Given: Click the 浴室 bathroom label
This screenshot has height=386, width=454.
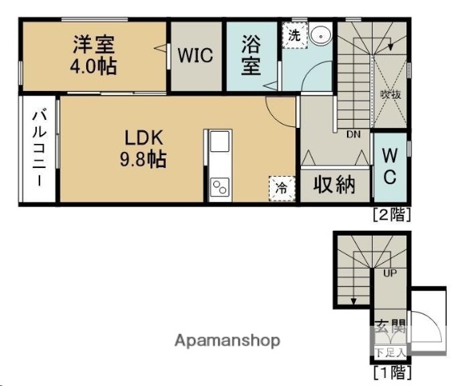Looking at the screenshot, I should click(x=251, y=55).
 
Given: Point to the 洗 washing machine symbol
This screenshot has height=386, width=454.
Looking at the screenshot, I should click(x=294, y=35).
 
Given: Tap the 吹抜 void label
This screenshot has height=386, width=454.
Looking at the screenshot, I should click(x=390, y=94).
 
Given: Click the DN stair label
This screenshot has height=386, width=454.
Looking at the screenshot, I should click(x=353, y=134).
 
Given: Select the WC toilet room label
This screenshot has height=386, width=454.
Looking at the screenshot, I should click(x=388, y=166).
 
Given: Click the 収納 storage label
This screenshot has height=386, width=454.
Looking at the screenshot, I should click(x=334, y=185).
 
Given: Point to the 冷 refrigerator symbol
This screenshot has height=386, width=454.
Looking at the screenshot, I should click(x=282, y=187).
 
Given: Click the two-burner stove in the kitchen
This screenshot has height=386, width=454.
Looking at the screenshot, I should click(x=220, y=188).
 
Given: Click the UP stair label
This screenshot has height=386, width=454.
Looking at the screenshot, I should click(x=390, y=273).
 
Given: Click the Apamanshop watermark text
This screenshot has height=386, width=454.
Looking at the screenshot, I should click(x=228, y=340).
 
